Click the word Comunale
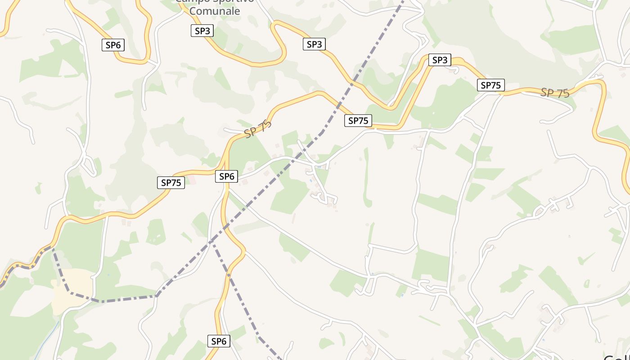[215, 11]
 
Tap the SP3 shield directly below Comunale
[202, 31]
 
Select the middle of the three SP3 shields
[314, 44]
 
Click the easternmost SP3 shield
[439, 60]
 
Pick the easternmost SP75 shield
[491, 85]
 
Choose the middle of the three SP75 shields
[358, 121]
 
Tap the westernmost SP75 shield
[171, 183]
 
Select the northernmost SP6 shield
[113, 45]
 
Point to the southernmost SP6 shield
[219, 341]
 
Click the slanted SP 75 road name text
[258, 130]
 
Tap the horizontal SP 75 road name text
[555, 93]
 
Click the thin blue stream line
[47, 340]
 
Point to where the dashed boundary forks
[213, 243]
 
